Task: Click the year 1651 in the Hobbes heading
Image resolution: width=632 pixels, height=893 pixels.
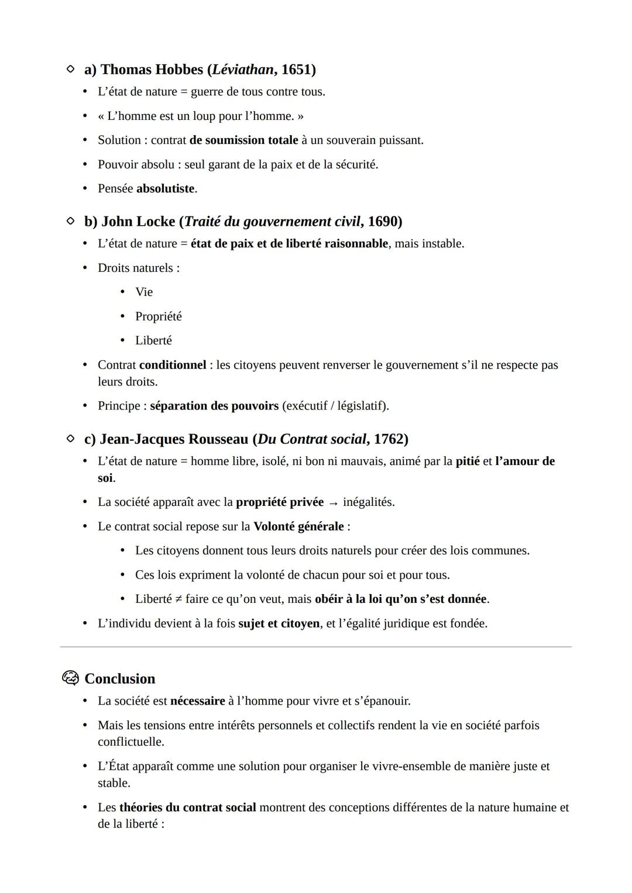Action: pos(296,70)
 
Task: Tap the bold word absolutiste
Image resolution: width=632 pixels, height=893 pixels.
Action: pos(165,189)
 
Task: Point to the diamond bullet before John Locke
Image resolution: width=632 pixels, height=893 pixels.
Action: pos(70,221)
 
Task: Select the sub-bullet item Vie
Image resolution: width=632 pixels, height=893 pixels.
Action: pos(144,292)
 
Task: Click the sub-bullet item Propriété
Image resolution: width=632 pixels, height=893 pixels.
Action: pos(158,316)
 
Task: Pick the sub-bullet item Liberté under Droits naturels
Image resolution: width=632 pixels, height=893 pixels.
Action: pos(153,340)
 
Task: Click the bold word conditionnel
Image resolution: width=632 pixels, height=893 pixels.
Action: pos(173,365)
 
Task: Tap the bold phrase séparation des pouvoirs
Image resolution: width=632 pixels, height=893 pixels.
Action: pos(214,406)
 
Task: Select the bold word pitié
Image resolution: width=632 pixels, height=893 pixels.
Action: pos(467,461)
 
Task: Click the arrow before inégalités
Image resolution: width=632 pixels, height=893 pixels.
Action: pos(333,503)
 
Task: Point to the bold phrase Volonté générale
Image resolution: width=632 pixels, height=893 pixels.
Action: pos(298,526)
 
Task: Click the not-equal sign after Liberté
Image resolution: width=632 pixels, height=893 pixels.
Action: pos(178,599)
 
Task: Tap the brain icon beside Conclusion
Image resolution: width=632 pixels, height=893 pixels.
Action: pos(70,678)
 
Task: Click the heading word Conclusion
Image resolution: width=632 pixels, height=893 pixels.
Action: pos(120,679)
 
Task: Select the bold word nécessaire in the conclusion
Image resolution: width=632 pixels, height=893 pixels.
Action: pos(197,701)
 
